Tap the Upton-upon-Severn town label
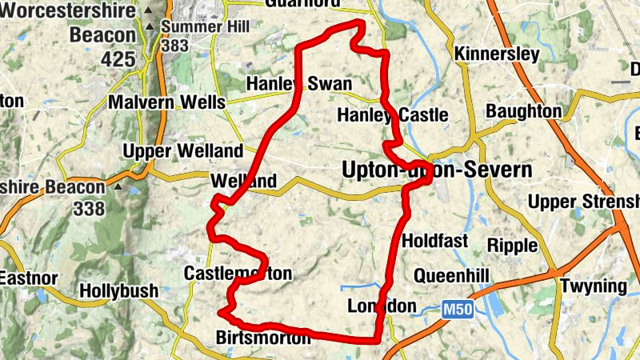[436, 170]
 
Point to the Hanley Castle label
[392, 115]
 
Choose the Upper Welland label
[182, 151]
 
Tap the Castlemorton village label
[238, 274]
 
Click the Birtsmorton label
[262, 338]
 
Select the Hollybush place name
[119, 291]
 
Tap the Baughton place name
[524, 110]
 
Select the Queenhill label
[450, 276]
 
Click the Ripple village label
[511, 245]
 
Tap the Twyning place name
[593, 286]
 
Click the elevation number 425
[118, 59]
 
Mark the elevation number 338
[87, 210]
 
